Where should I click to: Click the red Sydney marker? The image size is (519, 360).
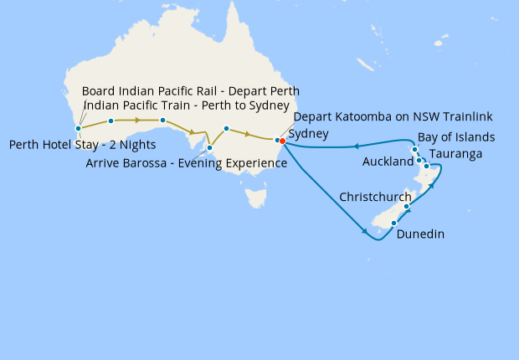[x=283, y=141]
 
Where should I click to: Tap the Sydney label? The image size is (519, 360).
[x=308, y=134]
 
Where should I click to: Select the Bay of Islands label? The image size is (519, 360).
[x=456, y=137]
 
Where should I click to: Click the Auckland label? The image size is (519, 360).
[x=388, y=161]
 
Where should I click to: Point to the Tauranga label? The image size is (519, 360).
[x=455, y=155]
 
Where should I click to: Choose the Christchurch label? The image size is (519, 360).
[x=375, y=198]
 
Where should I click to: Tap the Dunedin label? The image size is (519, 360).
[x=421, y=235]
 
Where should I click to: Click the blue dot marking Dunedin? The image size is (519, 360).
[x=393, y=223]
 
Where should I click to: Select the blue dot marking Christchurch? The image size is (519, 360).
[x=407, y=207]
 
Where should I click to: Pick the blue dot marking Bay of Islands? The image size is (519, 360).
[x=414, y=150]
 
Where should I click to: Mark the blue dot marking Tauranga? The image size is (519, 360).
[x=427, y=166]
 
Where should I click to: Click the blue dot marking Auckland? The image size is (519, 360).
[x=419, y=159]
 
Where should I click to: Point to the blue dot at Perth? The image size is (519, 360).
[x=78, y=129]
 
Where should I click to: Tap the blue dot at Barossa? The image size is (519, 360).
[x=209, y=148]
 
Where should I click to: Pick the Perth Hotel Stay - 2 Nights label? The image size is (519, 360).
[x=82, y=145]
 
